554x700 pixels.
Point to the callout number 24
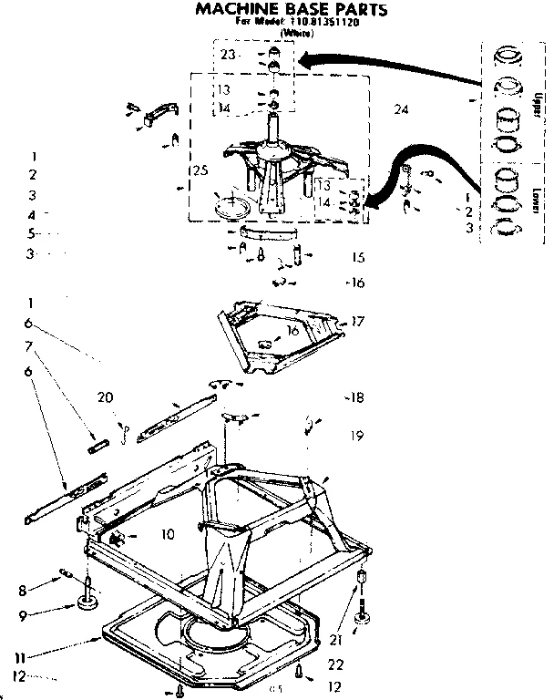[401, 109]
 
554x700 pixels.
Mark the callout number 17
[357, 321]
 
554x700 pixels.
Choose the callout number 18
[356, 397]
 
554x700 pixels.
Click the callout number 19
[356, 436]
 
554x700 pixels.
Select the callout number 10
[168, 535]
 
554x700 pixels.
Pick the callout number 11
[18, 656]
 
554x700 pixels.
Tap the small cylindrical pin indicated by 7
[98, 446]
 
